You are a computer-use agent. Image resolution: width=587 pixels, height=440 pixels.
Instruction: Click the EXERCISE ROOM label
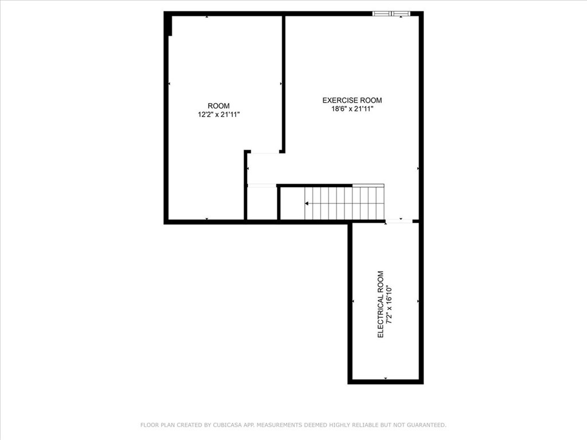click(352, 100)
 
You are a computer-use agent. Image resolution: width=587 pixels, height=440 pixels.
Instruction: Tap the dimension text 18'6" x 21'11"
click(352, 109)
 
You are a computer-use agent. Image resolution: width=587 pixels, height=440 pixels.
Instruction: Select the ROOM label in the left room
click(218, 105)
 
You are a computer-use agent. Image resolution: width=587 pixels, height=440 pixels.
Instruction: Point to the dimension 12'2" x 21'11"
click(218, 115)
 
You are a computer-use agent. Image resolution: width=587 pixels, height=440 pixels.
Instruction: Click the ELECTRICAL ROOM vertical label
click(381, 304)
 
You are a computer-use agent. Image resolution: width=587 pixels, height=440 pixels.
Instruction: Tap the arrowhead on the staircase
click(307, 203)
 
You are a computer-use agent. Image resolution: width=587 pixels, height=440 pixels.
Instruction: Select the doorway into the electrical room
click(399, 221)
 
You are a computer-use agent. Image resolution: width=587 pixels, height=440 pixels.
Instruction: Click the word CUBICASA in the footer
click(228, 425)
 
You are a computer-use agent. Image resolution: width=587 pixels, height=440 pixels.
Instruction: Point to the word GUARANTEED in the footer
click(425, 425)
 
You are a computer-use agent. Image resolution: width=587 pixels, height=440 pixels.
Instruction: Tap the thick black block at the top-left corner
click(168, 25)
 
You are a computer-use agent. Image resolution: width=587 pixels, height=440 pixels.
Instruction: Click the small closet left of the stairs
click(262, 203)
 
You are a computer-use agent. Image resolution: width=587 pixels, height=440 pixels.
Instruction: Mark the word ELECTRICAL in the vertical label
click(381, 312)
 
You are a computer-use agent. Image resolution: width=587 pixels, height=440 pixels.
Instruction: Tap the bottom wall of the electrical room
click(385, 381)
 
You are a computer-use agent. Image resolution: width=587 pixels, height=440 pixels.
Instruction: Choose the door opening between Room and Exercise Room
click(264, 152)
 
